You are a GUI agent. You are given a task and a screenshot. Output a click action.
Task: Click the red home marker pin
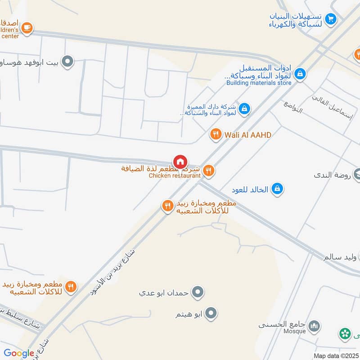pyautogui.click(x=180, y=162)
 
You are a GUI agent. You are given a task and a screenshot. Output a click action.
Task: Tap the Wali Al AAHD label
pyautogui.click(x=248, y=135)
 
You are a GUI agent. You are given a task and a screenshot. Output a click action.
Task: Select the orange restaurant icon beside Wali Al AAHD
pyautogui.click(x=216, y=134)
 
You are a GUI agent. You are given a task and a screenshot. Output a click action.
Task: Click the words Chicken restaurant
pyautogui.click(x=175, y=175)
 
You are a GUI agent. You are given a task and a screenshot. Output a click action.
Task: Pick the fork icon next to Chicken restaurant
pyautogui.click(x=208, y=171)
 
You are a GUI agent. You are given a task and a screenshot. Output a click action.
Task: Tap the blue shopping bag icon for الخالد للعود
pyautogui.click(x=278, y=189)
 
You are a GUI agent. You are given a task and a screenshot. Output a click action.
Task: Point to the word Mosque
pyautogui.click(x=295, y=331)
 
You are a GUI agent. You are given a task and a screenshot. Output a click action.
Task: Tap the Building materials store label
pyautogui.click(x=259, y=83)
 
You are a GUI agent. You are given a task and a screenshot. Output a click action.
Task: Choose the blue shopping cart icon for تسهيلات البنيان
pyautogui.click(x=331, y=19)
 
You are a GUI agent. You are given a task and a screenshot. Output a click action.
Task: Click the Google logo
pyautogui.click(x=19, y=353)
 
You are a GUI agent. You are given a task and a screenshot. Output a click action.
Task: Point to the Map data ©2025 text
pyautogui.click(x=335, y=355)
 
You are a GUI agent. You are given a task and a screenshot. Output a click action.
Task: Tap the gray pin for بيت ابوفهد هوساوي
pyautogui.click(x=67, y=61)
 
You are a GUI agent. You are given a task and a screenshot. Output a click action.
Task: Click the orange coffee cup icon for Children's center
pyautogui.click(x=27, y=28)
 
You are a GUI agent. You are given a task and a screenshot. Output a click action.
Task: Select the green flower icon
pyautogui.click(x=345, y=334)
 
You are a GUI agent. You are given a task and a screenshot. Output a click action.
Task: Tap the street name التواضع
pyautogui.click(x=293, y=107)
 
